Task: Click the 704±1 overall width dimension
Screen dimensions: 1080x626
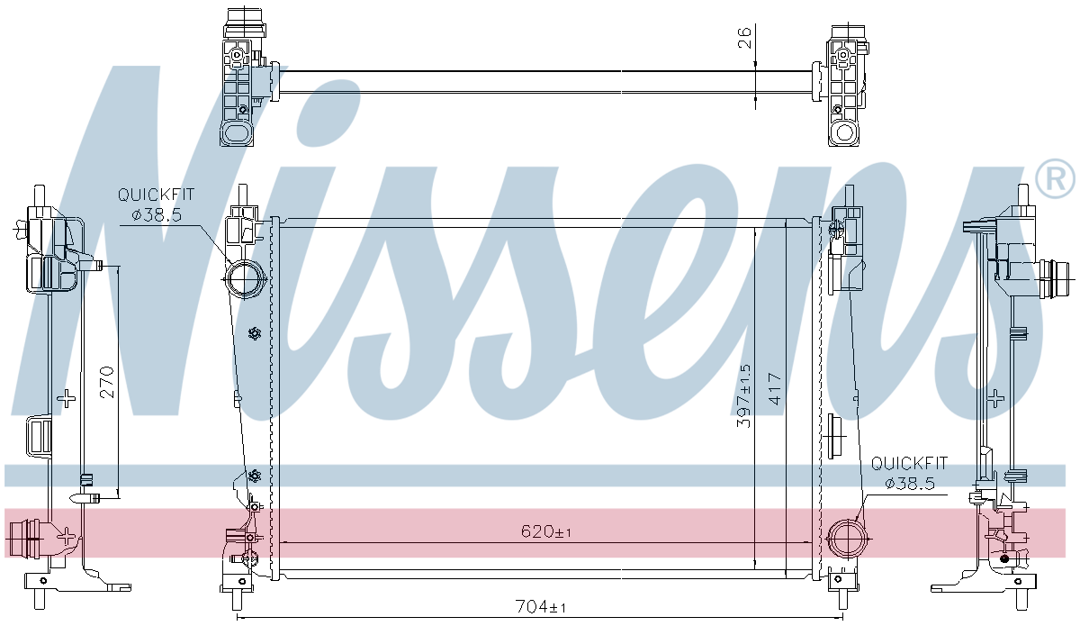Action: tap(541, 607)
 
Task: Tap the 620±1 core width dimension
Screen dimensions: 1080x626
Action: tap(546, 532)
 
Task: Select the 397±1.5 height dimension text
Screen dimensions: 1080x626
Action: tap(744, 395)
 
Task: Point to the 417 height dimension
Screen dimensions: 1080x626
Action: tap(775, 388)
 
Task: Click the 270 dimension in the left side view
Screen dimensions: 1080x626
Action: tap(107, 382)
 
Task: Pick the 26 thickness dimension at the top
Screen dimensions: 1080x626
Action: tap(744, 38)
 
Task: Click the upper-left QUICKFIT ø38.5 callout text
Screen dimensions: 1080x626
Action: tap(157, 204)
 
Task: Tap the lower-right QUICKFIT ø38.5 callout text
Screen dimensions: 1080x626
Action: tap(909, 474)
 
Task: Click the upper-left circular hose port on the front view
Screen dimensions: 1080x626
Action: tap(246, 279)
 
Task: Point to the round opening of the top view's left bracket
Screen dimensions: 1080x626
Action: tap(237, 132)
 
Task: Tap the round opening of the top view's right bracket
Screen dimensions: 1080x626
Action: tap(844, 132)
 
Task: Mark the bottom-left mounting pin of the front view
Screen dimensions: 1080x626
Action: tap(238, 600)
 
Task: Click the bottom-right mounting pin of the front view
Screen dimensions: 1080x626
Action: tap(842, 600)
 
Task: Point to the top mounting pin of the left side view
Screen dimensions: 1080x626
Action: tap(40, 196)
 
